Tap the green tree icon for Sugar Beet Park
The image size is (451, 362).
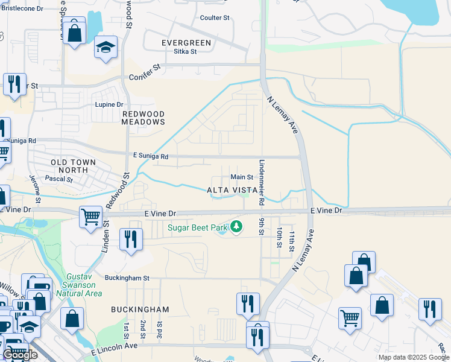coord(237,227)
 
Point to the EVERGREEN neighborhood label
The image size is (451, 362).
coord(186,43)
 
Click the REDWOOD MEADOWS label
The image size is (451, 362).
coord(143,118)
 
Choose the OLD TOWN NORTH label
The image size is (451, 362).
coord(69,167)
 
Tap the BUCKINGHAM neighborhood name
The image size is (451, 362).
coord(140,309)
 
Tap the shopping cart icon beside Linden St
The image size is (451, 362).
coord(90,216)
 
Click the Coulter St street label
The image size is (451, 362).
coord(215,18)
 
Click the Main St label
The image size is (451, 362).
coord(242,177)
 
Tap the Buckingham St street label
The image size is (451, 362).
coord(126,278)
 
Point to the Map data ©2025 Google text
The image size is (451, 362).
coord(414,357)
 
